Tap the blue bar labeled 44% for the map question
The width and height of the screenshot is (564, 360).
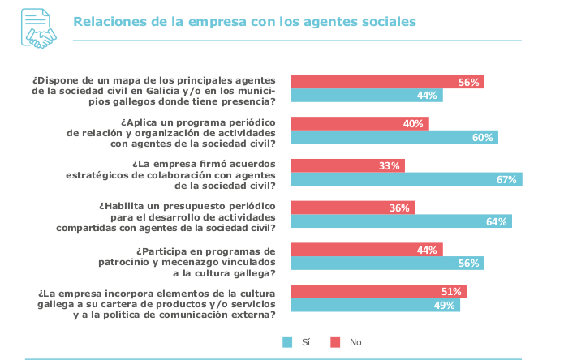(367, 96)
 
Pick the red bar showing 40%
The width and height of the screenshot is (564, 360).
(359, 123)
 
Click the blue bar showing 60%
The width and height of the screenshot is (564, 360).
(394, 137)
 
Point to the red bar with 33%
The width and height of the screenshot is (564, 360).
(347, 165)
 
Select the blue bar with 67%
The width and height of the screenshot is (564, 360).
(407, 179)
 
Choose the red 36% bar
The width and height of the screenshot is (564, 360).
(353, 208)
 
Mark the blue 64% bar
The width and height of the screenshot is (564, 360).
(402, 221)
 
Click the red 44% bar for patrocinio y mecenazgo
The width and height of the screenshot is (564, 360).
(367, 250)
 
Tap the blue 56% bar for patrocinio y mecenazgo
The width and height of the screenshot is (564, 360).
(387, 264)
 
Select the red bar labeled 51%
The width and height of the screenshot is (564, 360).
(379, 292)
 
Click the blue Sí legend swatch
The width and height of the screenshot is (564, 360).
(287, 342)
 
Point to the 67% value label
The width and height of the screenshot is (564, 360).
(507, 179)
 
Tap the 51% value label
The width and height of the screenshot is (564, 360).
(452, 292)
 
